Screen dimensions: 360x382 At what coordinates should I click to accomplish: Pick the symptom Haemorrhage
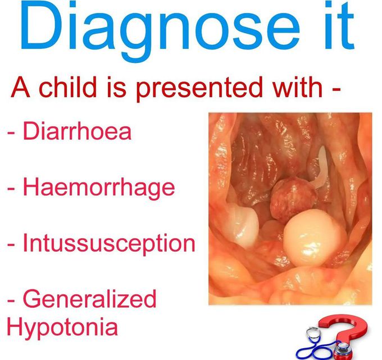pyautogui.click(x=98, y=188)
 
